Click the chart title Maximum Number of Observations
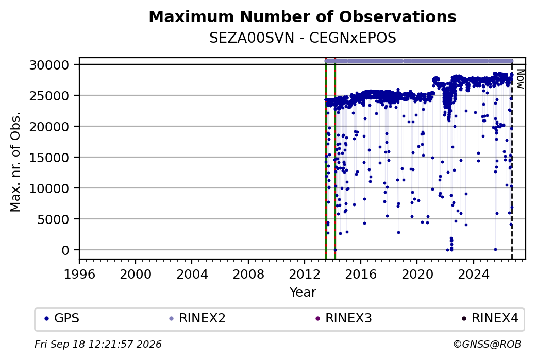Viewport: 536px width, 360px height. click(x=303, y=16)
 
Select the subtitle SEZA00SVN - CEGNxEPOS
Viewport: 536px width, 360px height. click(x=303, y=38)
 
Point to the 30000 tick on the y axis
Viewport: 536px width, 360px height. click(x=49, y=65)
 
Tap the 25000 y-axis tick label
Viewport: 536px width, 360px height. click(x=49, y=96)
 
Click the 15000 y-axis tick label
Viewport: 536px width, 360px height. click(x=49, y=158)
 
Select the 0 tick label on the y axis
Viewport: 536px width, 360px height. click(x=65, y=250)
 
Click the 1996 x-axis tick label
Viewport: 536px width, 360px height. click(x=79, y=275)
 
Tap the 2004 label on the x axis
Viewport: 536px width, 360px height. click(x=192, y=275)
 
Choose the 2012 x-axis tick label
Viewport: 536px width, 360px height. click(x=305, y=275)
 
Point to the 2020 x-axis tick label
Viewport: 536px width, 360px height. click(x=417, y=275)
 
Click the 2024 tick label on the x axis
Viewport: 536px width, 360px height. click(x=474, y=275)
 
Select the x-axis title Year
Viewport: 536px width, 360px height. click(x=303, y=293)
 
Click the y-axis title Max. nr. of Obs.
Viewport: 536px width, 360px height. click(x=15, y=162)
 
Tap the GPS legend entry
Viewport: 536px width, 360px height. click(x=62, y=318)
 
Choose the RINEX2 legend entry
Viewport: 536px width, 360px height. click(x=197, y=318)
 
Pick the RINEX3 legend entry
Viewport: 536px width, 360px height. click(x=344, y=318)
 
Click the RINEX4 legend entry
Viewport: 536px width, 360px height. click(x=490, y=318)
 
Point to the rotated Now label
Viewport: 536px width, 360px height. click(x=520, y=79)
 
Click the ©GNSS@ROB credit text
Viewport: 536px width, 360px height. click(x=487, y=344)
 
